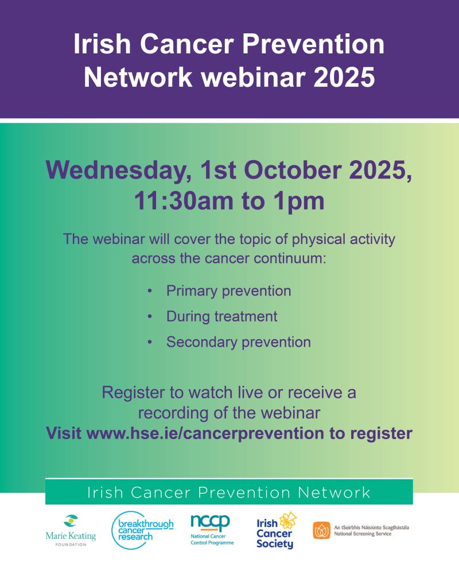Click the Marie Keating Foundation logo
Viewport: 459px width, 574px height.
coord(71,530)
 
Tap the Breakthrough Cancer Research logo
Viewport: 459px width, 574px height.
coord(142,530)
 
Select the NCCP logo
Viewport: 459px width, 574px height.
coord(212,530)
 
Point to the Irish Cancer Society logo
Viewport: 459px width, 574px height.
coord(277,530)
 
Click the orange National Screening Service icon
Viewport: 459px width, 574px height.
coord(322,530)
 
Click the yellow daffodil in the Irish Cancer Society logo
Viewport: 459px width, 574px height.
coord(288,520)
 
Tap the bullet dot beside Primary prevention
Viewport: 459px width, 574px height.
coord(150,291)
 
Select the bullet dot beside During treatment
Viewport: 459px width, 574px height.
coord(150,317)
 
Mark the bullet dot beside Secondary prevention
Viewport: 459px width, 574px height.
coord(150,342)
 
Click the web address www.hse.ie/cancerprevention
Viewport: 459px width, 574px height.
coord(205,433)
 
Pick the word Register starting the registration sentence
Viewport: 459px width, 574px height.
coord(133,393)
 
